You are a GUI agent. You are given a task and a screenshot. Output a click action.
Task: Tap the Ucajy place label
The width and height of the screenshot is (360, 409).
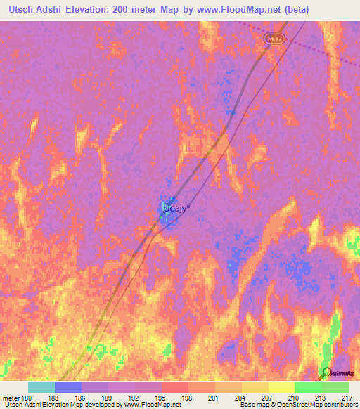pyautogui.click(x=176, y=208)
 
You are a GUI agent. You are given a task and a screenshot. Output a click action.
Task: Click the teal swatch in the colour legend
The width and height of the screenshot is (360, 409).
pyautogui.click(x=41, y=387)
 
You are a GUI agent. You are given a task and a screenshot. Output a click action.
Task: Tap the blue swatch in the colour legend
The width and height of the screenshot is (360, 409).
pyautogui.click(x=68, y=387)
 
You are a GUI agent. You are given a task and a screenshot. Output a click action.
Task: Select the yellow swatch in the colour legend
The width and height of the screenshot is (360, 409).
pyautogui.click(x=281, y=387)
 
